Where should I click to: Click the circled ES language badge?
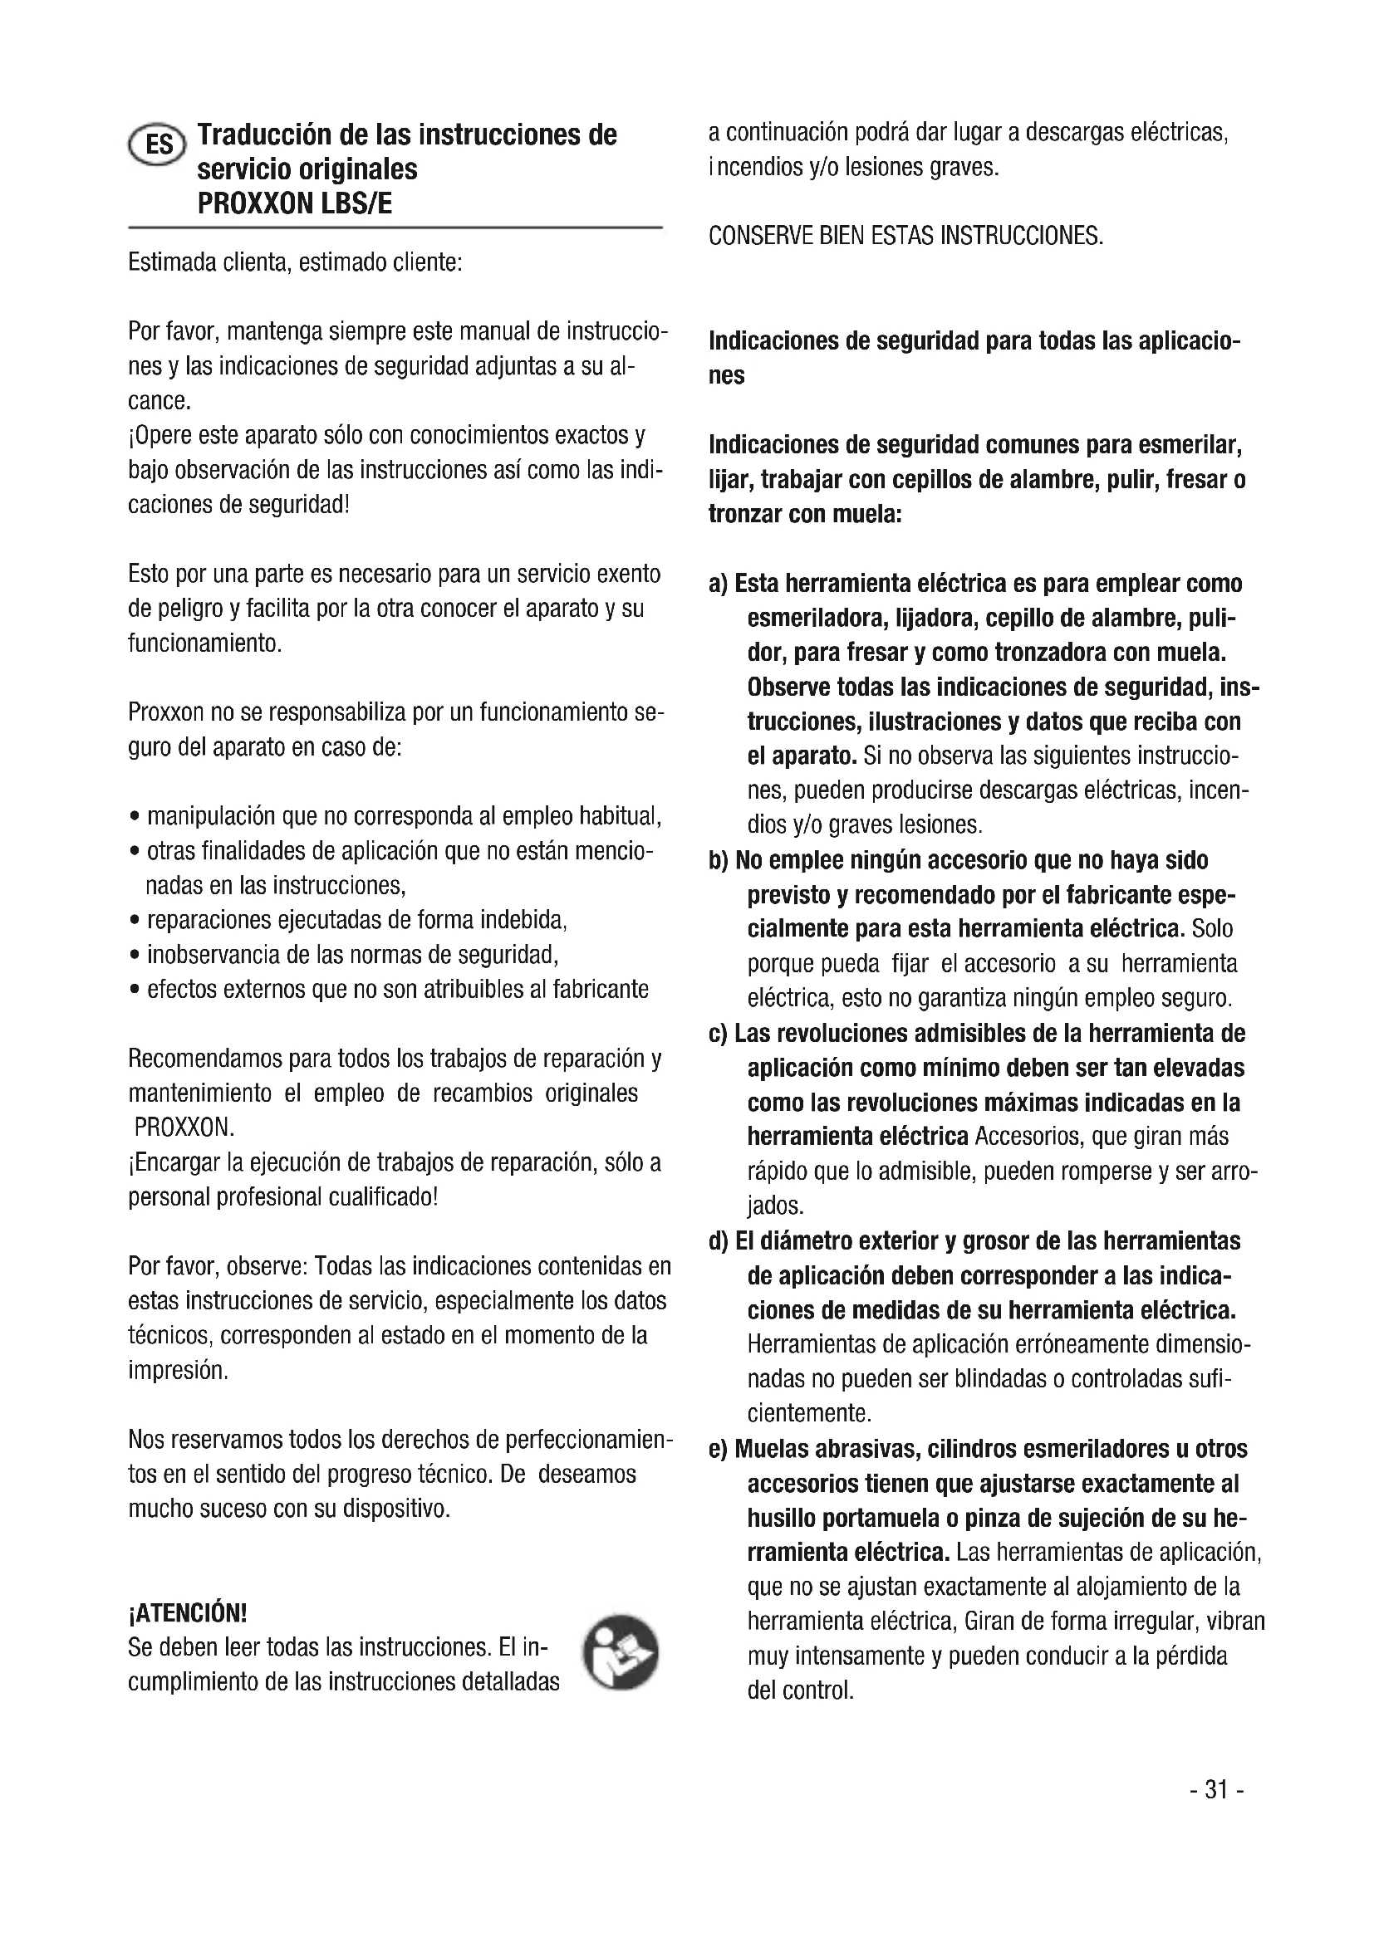tap(155, 144)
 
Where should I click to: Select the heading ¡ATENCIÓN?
tap(187, 1613)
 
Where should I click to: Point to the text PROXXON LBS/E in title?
tap(294, 204)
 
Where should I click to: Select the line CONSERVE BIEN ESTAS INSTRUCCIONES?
tap(905, 235)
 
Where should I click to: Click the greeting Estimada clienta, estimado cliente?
tap(294, 262)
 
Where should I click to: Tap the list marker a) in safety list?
tap(718, 585)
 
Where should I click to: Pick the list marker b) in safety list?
tap(719, 861)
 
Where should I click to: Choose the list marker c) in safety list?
tap(718, 1034)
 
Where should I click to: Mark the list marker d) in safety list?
tap(719, 1241)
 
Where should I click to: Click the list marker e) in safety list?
tap(718, 1449)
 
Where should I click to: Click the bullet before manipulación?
tap(135, 817)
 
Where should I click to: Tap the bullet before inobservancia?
tap(135, 956)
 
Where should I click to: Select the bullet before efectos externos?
tap(135, 991)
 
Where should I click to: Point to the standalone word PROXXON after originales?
tap(184, 1128)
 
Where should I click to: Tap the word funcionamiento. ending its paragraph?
tap(204, 643)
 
